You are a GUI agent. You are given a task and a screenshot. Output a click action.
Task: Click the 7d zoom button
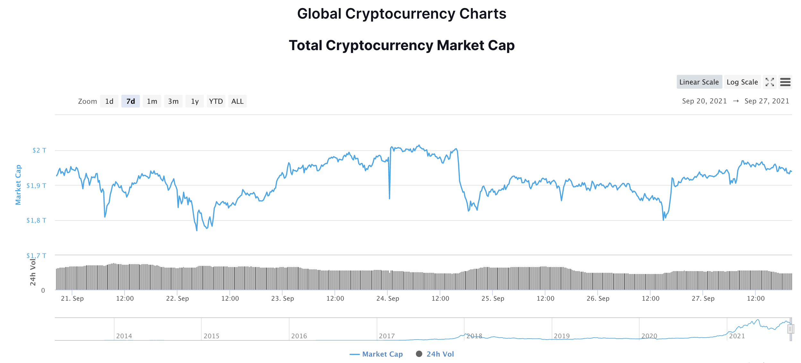tap(131, 102)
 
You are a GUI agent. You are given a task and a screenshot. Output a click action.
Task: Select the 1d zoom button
tap(109, 102)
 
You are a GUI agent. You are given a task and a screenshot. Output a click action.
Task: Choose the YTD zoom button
tap(216, 102)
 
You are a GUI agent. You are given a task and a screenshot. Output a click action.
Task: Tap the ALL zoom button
tap(237, 102)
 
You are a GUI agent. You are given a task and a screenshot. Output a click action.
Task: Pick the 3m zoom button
tap(173, 102)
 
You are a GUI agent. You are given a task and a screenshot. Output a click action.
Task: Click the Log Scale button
tap(742, 82)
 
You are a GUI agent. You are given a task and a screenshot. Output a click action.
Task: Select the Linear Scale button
tap(699, 82)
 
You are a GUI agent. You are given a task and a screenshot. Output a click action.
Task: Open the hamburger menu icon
tap(785, 82)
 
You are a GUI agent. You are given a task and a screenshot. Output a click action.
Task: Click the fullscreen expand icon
tap(770, 82)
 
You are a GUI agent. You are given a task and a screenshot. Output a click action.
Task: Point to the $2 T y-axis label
tap(39, 150)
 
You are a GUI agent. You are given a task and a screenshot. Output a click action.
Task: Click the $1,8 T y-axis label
tap(36, 220)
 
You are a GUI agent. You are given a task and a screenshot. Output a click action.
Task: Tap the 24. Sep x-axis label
tap(388, 298)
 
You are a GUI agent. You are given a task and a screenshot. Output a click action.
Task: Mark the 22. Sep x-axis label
tap(177, 298)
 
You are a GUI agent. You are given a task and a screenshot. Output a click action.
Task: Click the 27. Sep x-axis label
tap(703, 298)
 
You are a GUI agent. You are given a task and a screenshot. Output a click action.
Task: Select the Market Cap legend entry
tap(376, 354)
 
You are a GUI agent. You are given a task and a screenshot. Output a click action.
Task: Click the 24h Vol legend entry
tap(435, 354)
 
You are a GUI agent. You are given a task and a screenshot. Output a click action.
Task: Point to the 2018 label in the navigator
tap(474, 336)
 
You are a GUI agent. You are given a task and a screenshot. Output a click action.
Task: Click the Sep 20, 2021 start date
tap(704, 101)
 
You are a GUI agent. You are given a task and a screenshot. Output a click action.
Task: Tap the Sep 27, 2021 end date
tap(767, 101)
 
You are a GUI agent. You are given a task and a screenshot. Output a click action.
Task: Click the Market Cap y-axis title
tap(18, 185)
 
